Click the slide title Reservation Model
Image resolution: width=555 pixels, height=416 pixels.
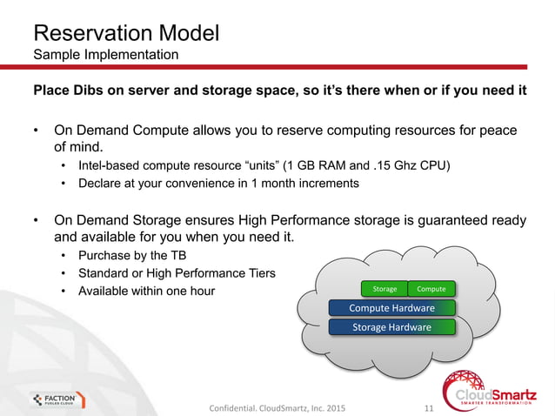(125, 34)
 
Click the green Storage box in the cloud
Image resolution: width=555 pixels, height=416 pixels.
(384, 289)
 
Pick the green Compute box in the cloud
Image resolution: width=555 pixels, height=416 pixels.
(431, 289)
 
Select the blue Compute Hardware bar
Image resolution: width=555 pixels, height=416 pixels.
(391, 308)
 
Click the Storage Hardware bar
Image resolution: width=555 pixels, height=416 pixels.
(391, 327)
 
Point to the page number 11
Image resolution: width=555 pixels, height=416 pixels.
(427, 406)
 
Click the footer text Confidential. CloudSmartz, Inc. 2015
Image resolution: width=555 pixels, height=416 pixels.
(277, 406)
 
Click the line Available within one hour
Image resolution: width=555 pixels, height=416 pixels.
(146, 291)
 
